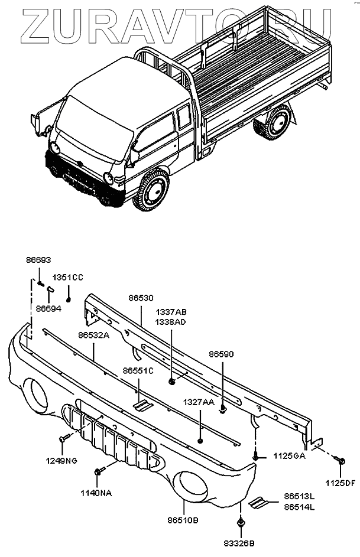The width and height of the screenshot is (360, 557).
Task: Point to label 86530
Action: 141,299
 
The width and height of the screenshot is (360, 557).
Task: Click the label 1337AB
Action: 171,311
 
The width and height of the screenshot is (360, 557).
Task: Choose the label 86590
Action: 221,354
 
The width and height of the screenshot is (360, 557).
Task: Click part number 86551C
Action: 138,370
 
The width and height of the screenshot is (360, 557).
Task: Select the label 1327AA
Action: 199,402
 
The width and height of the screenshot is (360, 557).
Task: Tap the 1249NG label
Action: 61,460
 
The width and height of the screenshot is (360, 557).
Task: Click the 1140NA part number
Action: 98,493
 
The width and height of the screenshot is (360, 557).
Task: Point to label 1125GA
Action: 288,456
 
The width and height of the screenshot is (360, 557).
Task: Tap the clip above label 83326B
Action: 241,523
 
